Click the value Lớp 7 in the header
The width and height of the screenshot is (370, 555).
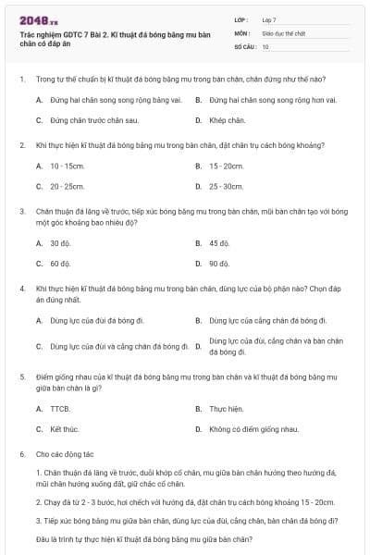click(x=269, y=19)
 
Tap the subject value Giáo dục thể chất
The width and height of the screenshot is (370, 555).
click(x=281, y=32)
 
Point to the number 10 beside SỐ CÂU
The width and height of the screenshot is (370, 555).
click(x=265, y=45)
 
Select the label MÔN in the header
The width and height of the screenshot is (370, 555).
click(x=241, y=32)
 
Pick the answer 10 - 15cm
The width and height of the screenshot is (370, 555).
click(x=68, y=166)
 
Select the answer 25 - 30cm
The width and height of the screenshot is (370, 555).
click(x=226, y=186)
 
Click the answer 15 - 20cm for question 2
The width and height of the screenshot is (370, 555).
click(x=226, y=166)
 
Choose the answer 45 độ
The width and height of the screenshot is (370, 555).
click(x=218, y=243)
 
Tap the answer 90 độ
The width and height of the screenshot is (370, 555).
click(x=218, y=264)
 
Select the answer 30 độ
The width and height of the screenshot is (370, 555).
click(x=60, y=243)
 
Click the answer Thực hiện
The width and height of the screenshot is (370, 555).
click(x=226, y=408)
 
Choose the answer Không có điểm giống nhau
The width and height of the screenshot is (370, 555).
click(x=253, y=429)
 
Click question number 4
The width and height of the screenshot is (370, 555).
click(x=21, y=289)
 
